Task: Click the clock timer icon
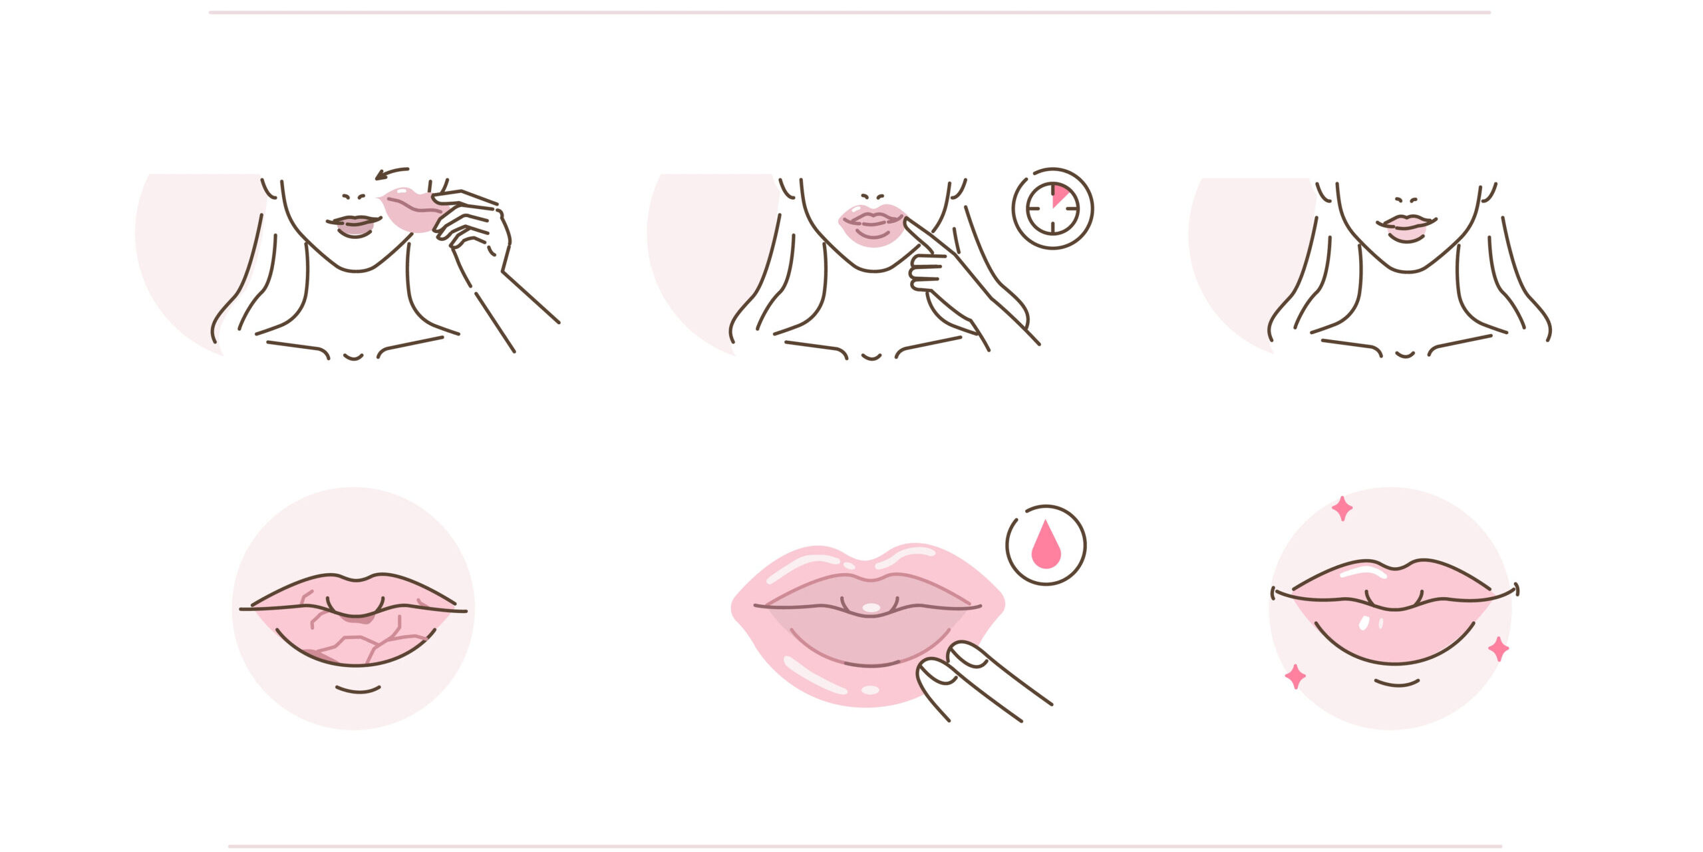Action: [x=1052, y=208]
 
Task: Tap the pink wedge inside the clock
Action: [x=1059, y=196]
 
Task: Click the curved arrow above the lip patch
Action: [x=391, y=173]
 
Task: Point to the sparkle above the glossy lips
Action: [x=1342, y=509]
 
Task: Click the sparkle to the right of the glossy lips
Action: [x=1498, y=648]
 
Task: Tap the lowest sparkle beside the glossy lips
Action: [x=1295, y=676]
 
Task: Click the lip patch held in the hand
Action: [x=411, y=210]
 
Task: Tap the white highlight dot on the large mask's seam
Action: [x=870, y=607]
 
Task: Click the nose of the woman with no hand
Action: [x=1406, y=200]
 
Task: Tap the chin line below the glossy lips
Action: [x=1397, y=683]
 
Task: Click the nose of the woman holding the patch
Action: [x=354, y=197]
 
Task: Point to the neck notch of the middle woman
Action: [x=871, y=357]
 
